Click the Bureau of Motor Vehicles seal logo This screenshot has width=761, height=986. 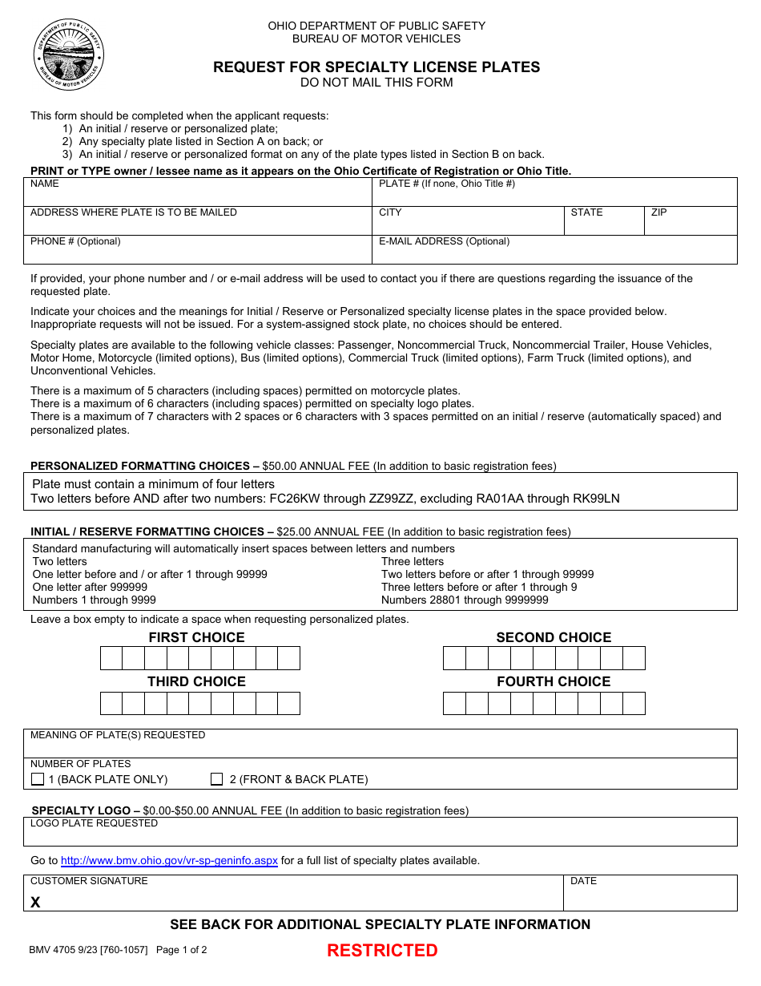(x=69, y=54)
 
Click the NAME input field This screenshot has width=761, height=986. (x=198, y=195)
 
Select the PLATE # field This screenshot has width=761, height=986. (x=554, y=195)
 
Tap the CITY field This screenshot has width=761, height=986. (x=468, y=224)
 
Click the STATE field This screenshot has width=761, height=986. (x=604, y=224)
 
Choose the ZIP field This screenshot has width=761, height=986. (x=691, y=224)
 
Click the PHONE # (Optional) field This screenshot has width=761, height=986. (x=198, y=253)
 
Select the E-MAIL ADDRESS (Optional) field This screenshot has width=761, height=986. (x=554, y=253)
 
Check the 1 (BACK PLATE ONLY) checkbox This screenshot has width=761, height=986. (x=38, y=779)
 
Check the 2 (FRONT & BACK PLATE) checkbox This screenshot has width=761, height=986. (x=216, y=779)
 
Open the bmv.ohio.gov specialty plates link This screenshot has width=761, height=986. (x=170, y=861)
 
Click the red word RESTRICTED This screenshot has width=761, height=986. (x=382, y=951)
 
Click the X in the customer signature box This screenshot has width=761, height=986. (x=35, y=903)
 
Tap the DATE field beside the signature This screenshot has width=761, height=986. (x=650, y=896)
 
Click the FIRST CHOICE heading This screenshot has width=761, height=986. (x=196, y=637)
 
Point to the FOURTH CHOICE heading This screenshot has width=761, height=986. (x=554, y=681)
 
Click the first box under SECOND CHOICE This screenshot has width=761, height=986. (x=454, y=659)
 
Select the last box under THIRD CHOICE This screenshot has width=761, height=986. (x=289, y=703)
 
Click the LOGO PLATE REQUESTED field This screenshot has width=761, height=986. (x=380, y=836)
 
